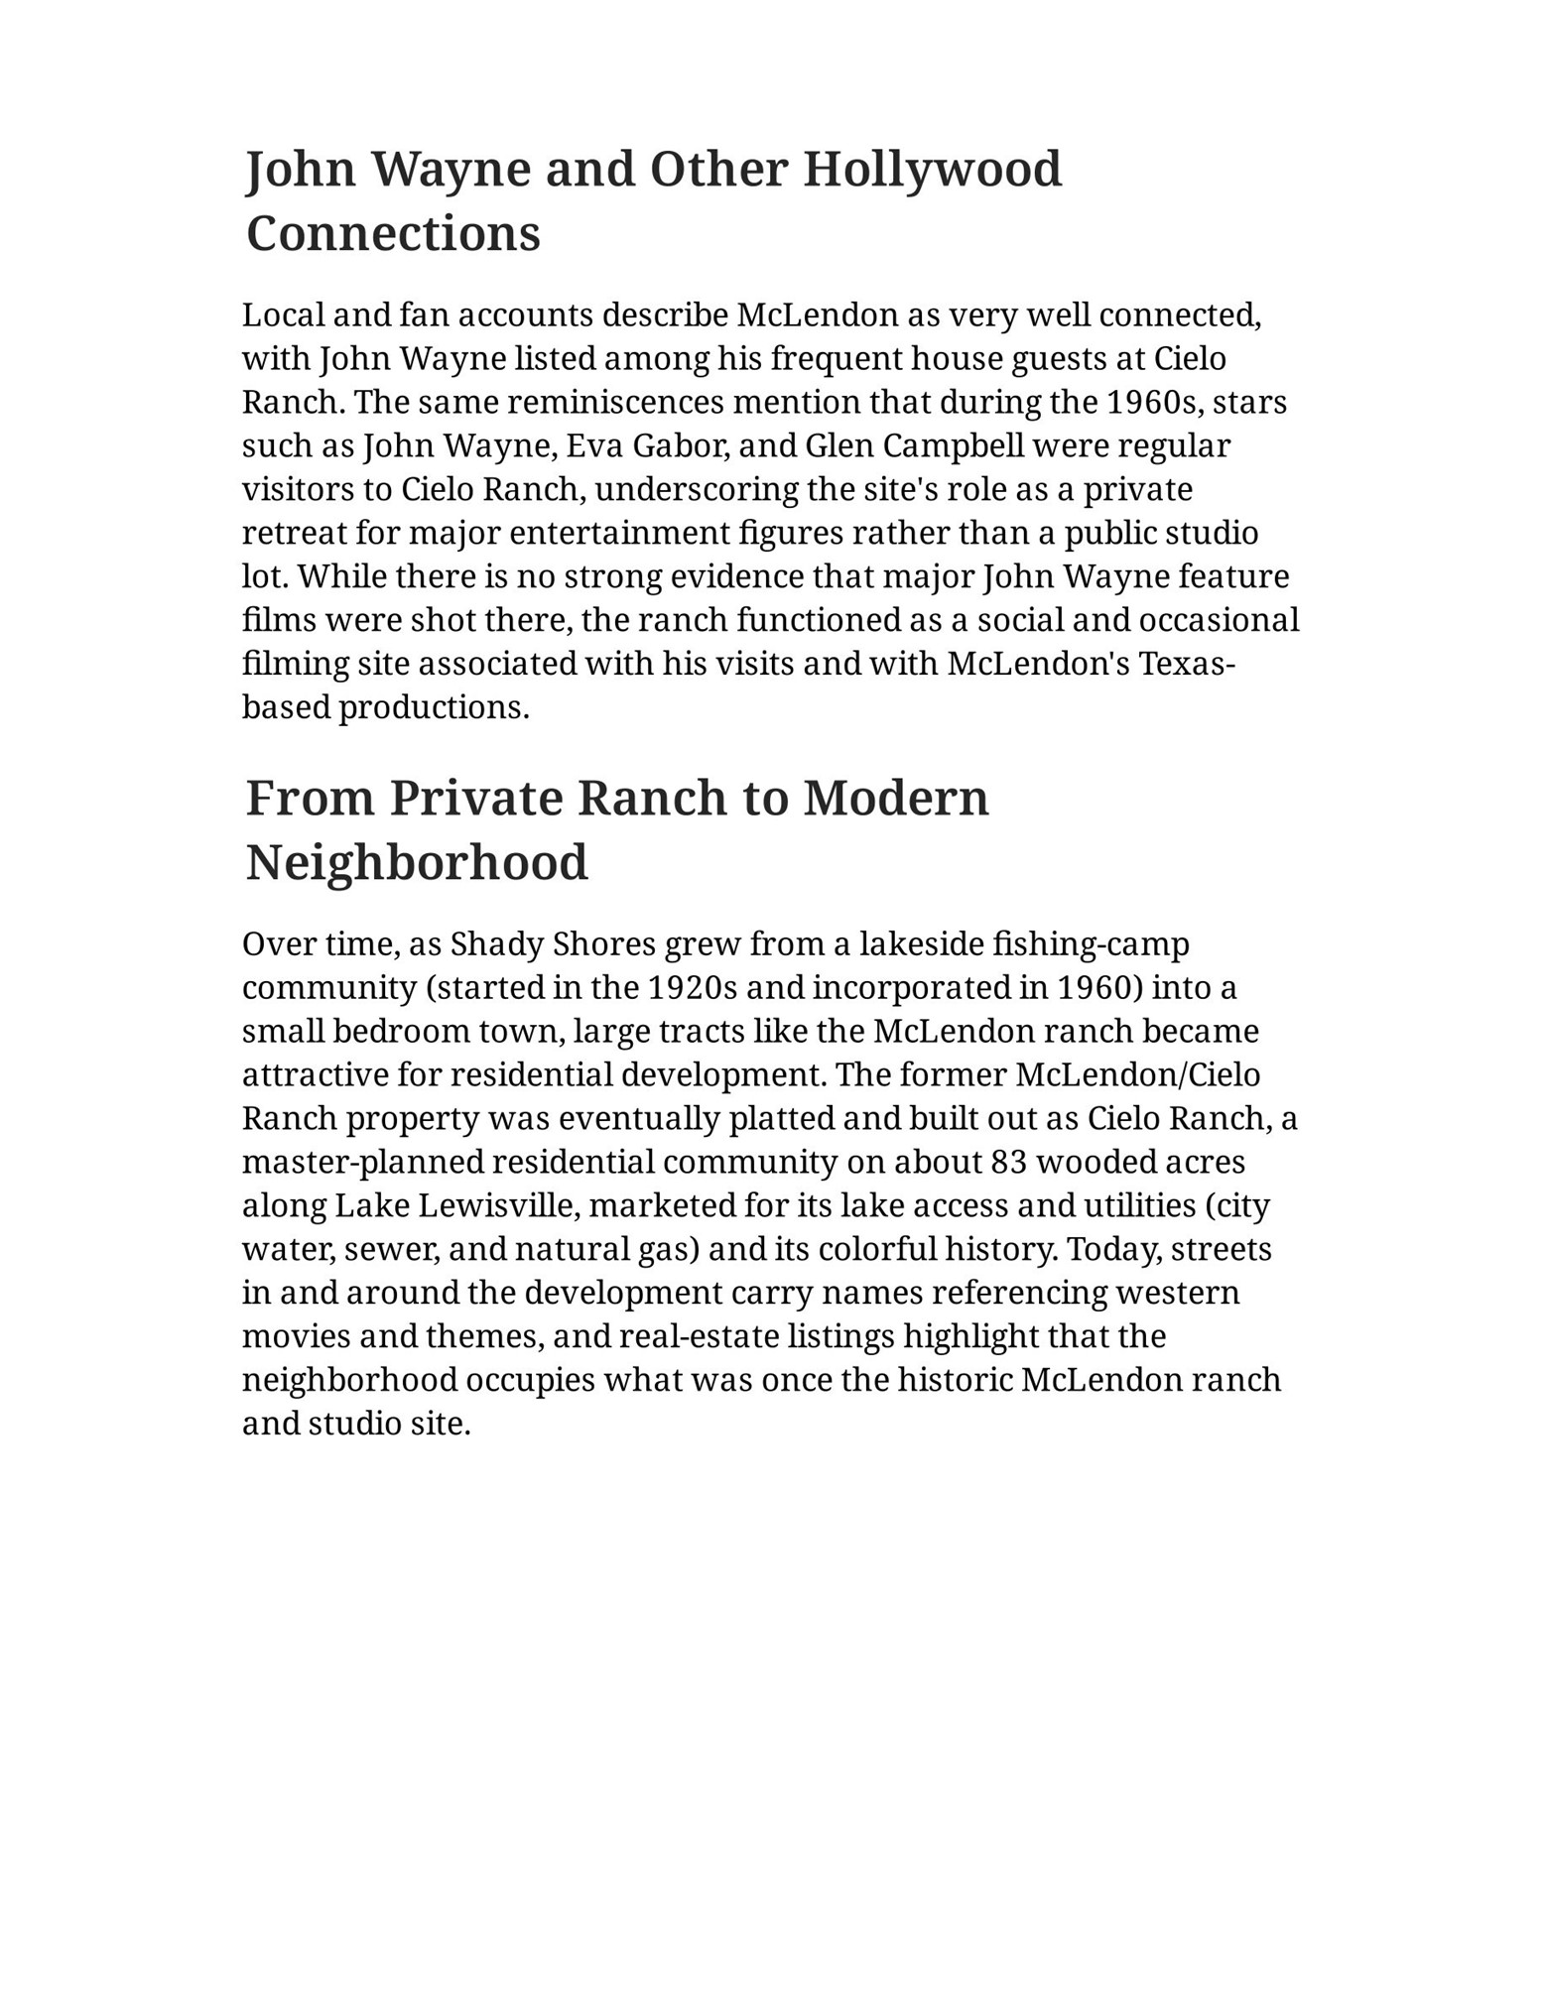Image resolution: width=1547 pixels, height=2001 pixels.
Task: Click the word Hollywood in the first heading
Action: [x=932, y=170]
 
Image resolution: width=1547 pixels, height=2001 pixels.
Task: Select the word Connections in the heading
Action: [x=393, y=235]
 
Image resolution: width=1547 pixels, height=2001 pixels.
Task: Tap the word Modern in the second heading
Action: [x=895, y=799]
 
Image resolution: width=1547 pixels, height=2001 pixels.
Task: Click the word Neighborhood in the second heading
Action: [x=417, y=863]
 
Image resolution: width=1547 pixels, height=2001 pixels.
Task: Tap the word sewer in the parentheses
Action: [x=392, y=1249]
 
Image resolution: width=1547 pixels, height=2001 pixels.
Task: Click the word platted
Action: [x=779, y=1119]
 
